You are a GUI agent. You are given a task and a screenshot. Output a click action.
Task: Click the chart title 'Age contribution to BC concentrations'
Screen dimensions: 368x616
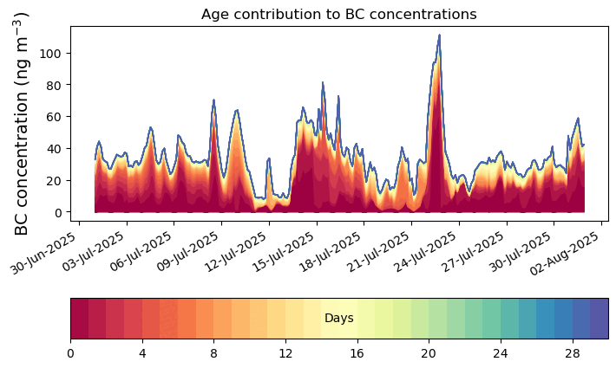tap(338, 14)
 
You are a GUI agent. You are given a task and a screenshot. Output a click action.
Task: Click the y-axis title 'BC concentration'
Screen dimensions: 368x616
tap(23, 124)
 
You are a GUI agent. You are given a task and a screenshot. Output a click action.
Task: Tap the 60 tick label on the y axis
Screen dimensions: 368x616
tap(54, 117)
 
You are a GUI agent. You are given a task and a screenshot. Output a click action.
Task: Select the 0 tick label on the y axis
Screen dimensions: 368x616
tap(57, 212)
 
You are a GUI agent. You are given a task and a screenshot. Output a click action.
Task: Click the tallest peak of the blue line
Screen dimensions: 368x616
tap(439, 36)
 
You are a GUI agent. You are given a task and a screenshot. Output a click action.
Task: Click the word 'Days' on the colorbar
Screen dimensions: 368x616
tap(338, 319)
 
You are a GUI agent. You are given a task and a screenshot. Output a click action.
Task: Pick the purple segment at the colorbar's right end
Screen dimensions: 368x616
tap(599, 319)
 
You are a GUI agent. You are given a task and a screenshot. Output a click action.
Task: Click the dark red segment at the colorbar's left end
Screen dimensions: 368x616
tap(79, 319)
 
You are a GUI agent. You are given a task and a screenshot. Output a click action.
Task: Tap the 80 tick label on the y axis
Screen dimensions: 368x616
tap(54, 85)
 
